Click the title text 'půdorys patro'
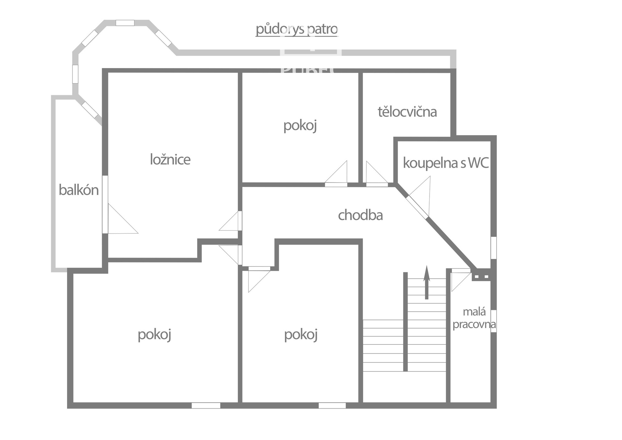(297, 29)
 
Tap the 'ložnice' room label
(170, 159)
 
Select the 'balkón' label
(79, 190)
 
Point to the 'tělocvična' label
(407, 112)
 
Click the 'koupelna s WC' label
(446, 163)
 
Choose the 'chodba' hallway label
(360, 215)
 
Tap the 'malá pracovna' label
(474, 318)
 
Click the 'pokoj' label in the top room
(300, 126)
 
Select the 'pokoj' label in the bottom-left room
(154, 335)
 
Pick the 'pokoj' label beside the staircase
(301, 335)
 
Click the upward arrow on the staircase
(427, 282)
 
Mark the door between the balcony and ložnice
(121, 218)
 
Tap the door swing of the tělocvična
(377, 174)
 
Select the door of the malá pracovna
(461, 280)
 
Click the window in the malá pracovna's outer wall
(493, 321)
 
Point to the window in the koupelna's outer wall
(493, 248)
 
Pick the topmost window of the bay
(125, 23)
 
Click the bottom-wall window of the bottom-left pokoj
(206, 405)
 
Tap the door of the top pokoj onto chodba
(336, 174)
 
